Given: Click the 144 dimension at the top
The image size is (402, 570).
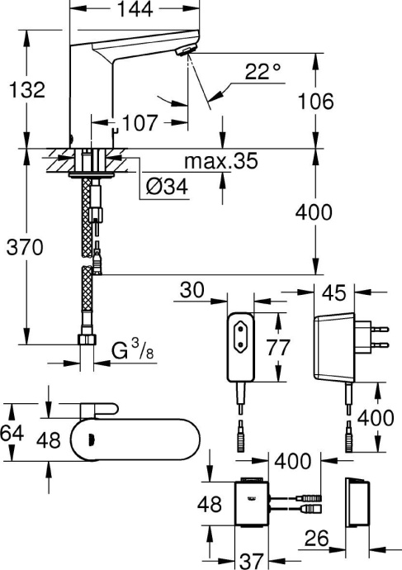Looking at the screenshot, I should pyautogui.click(x=135, y=12).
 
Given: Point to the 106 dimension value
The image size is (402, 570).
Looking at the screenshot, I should pyautogui.click(x=317, y=101).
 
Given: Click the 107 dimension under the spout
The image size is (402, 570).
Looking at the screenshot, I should pyautogui.click(x=141, y=123).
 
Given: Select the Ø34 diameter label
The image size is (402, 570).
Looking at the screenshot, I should pyautogui.click(x=166, y=188).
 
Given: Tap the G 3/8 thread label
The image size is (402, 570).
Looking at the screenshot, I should pyautogui.click(x=131, y=351).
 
